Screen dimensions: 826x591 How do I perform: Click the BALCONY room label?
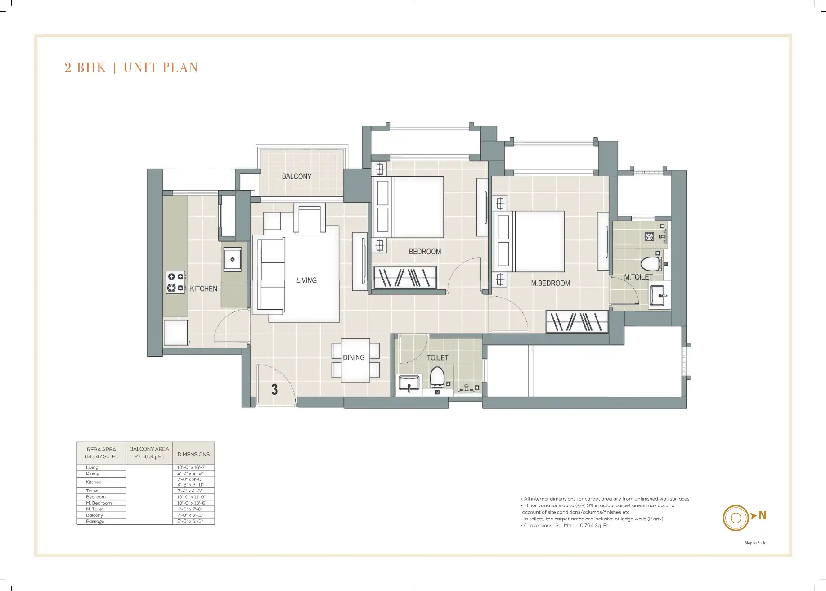coord(296,176)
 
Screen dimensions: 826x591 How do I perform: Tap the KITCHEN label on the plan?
coord(203,289)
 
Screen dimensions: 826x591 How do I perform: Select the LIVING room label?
coord(306,280)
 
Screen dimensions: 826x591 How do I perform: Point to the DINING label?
coord(354,357)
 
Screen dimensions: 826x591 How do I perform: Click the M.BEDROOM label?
coord(550,283)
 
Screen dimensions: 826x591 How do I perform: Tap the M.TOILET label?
coord(638,277)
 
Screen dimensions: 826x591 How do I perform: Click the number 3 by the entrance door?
coord(274,389)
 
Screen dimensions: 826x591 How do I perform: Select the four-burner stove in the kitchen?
coord(175,282)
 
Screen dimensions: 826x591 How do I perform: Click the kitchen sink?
coord(233,259)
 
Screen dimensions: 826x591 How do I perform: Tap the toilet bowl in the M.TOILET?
coord(651,263)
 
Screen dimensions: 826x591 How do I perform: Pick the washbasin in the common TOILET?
coord(409,383)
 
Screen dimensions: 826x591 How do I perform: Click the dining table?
coord(355,360)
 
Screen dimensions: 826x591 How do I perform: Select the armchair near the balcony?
coord(310,219)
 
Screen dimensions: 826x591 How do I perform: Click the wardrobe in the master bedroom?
coord(577,321)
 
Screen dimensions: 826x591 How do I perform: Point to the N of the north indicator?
coord(762,515)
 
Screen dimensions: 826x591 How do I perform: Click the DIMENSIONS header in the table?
coord(193,454)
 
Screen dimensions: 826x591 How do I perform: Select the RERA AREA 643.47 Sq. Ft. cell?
coord(101,453)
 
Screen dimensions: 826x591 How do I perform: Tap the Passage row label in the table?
coord(95,521)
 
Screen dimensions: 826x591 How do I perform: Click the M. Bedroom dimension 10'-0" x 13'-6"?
coord(192,503)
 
